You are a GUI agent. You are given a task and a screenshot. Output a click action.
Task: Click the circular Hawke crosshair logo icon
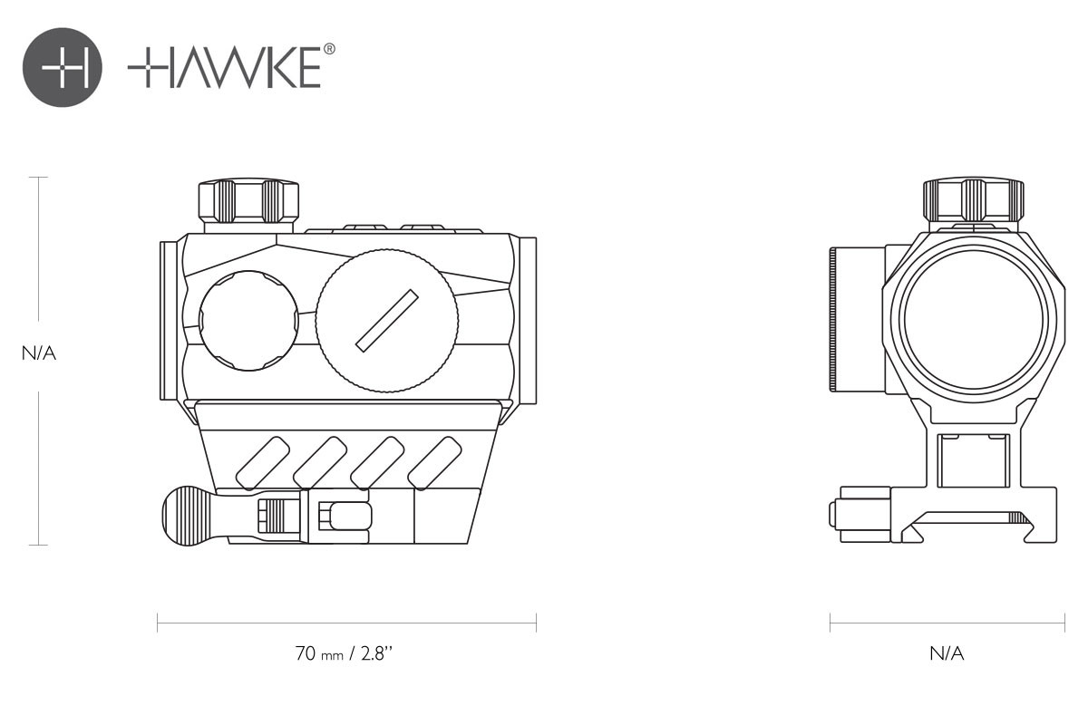pyautogui.click(x=63, y=68)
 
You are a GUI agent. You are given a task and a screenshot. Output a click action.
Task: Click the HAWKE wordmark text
pyautogui.click(x=224, y=69)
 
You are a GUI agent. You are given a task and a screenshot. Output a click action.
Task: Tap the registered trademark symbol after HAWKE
pyautogui.click(x=329, y=51)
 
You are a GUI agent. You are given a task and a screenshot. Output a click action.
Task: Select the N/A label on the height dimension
pyautogui.click(x=39, y=353)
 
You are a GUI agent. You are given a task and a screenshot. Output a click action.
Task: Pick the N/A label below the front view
pyautogui.click(x=947, y=653)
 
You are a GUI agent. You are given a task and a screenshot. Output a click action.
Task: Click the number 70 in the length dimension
pyautogui.click(x=305, y=653)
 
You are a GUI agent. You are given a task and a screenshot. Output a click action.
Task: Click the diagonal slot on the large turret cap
pyautogui.click(x=387, y=320)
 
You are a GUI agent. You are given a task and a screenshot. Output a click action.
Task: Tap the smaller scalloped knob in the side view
pyautogui.click(x=248, y=320)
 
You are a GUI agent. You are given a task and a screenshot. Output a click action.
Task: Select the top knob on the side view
pyautogui.click(x=248, y=200)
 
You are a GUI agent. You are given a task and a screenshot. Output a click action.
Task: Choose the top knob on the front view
pyautogui.click(x=973, y=199)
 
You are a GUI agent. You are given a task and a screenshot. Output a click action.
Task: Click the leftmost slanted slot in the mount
pyautogui.click(x=263, y=462)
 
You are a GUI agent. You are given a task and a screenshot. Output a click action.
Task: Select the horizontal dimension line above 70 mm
pyautogui.click(x=346, y=623)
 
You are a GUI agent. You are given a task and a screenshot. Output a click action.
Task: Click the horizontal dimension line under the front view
pyautogui.click(x=947, y=623)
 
